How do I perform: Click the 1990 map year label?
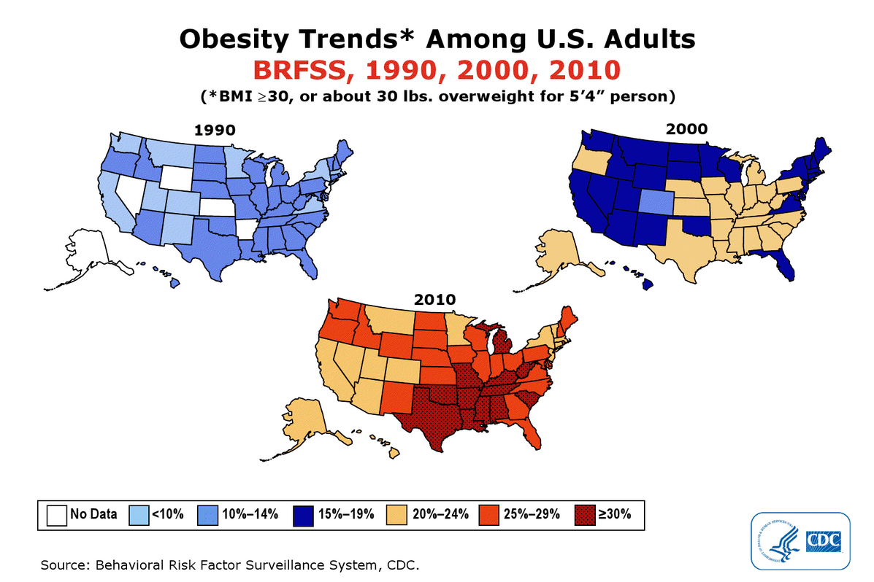[215, 131]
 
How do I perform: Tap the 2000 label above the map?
[686, 128]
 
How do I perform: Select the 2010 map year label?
[435, 299]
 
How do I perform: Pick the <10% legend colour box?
[137, 514]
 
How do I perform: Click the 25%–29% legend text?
[532, 514]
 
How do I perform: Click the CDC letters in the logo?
[823, 540]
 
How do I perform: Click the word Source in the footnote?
[64, 565]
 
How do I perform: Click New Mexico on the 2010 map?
[395, 395]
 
